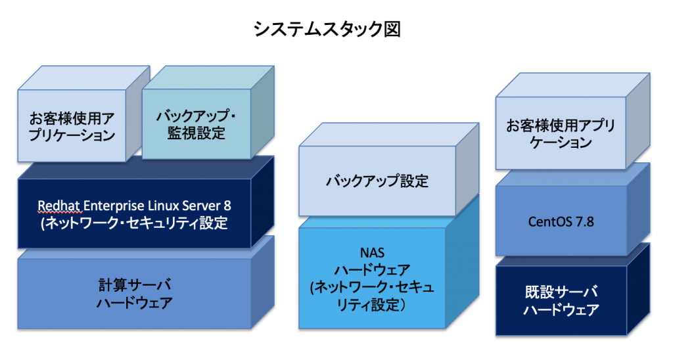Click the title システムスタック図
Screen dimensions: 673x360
pos(327,30)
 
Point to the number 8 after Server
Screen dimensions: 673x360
pos(227,206)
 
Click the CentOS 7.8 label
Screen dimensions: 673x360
pos(561,221)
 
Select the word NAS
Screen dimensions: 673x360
pos(372,252)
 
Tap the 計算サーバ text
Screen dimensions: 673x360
pos(134,285)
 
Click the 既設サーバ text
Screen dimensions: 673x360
pos(561,292)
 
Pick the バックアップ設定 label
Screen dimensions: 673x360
pos(377,181)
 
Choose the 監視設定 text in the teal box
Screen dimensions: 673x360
pos(196,133)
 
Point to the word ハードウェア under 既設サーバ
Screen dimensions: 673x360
pos(561,310)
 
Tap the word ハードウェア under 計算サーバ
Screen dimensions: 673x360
pos(134,303)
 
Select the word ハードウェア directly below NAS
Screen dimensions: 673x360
pos(372,270)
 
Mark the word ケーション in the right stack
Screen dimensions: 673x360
pos(561,143)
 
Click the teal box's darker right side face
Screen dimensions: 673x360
pos(262,112)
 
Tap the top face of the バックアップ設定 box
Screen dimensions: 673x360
pos(389,134)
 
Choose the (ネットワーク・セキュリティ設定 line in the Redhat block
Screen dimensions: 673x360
pos(134,223)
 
